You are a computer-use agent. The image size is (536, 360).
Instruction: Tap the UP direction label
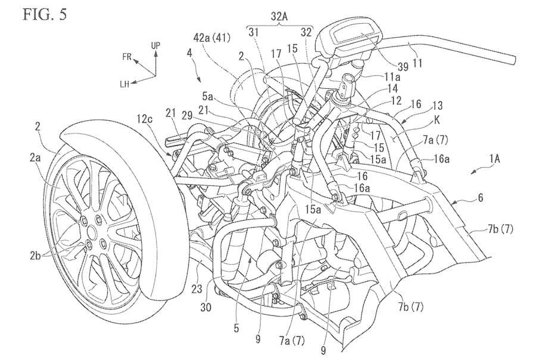pyautogui.click(x=156, y=45)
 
